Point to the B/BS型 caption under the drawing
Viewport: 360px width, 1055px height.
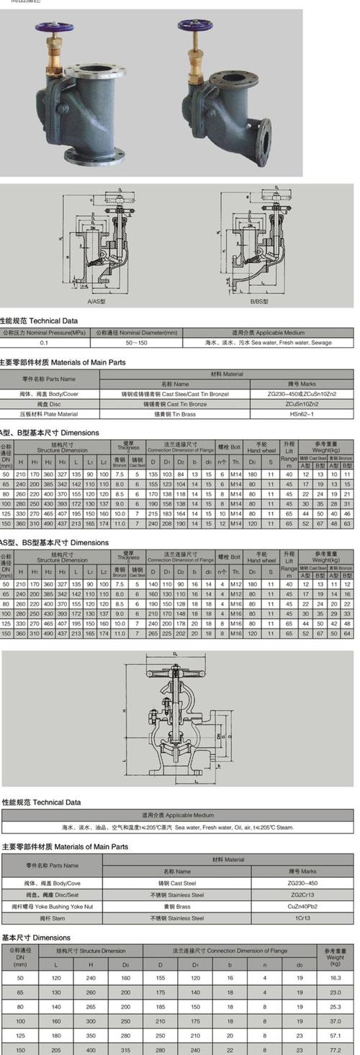[258, 303]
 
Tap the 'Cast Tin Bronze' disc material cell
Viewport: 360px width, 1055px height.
[166, 404]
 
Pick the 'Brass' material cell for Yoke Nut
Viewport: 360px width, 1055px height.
[166, 907]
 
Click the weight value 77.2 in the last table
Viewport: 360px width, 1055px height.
[335, 1051]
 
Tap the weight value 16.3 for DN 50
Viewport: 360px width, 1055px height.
[335, 978]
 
